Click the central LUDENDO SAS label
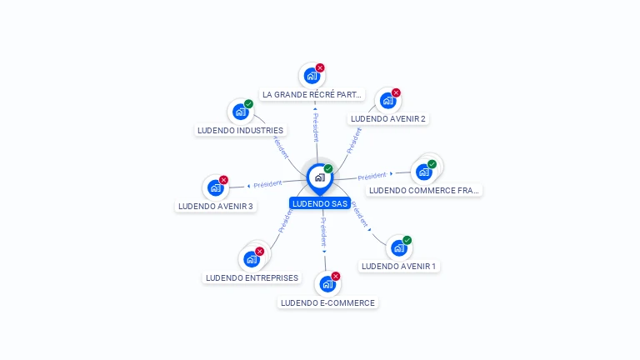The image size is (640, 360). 320,203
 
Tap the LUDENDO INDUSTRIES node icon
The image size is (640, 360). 240,112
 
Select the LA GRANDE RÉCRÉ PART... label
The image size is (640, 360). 312,95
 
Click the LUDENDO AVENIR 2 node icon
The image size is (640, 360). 387,101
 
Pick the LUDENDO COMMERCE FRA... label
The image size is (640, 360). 424,190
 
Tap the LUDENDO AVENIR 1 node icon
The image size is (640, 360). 399,247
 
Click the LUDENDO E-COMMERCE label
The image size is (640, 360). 327,302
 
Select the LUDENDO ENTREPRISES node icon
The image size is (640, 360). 252,259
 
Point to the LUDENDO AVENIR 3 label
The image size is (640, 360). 216,206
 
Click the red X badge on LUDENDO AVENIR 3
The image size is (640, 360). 223,180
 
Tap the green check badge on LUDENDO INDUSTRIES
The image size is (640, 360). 248,104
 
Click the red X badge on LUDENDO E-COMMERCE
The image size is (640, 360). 336,277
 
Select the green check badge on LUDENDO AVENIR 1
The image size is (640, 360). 407,240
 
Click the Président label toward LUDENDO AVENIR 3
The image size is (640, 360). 267,184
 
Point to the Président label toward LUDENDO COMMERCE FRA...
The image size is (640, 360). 372,176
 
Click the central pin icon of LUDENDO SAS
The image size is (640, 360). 319,177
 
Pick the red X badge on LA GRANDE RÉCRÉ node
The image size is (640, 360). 320,68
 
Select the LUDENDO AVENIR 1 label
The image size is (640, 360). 399,267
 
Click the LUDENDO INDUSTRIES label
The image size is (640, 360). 240,131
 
